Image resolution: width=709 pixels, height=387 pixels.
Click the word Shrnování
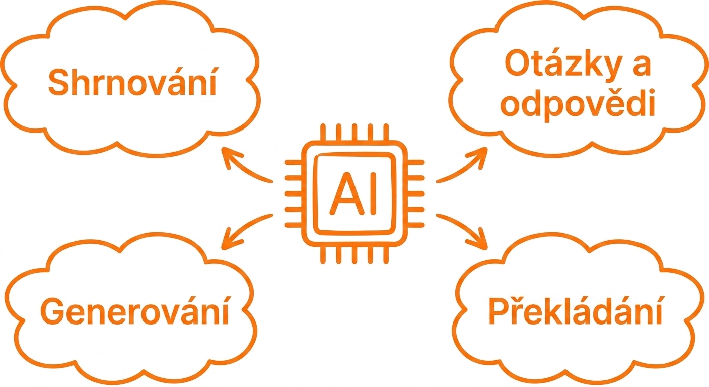pos(132,81)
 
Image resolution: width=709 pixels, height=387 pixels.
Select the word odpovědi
pos(578,105)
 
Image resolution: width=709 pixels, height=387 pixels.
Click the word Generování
pos(134,311)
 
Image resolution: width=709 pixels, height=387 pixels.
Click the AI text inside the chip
pos(353,193)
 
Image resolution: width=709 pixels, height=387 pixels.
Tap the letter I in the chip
pos(374,193)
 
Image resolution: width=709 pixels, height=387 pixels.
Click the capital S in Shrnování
pos(58,82)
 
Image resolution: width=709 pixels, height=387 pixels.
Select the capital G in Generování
pos(52,311)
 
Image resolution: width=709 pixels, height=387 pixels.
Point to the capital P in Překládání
pos(499,311)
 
